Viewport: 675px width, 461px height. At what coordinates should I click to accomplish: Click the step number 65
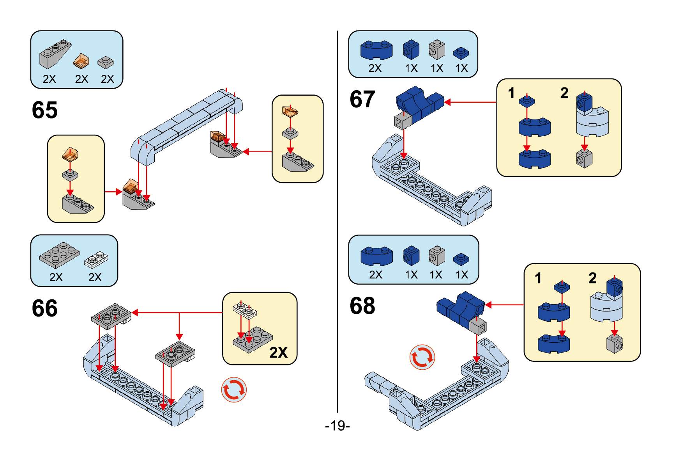tap(45, 110)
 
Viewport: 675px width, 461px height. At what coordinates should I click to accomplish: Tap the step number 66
tap(45, 308)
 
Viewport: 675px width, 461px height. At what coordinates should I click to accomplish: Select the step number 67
tap(362, 99)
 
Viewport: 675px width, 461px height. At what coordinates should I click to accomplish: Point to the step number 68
tap(362, 306)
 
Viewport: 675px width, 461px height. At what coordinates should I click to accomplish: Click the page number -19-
tap(337, 425)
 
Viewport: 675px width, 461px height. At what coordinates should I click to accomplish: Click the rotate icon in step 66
tap(234, 390)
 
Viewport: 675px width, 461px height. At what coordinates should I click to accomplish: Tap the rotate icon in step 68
tap(422, 357)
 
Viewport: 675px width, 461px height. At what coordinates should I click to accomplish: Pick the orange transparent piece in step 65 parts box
tap(81, 61)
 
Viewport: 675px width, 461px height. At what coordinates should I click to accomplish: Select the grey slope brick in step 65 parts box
tap(55, 54)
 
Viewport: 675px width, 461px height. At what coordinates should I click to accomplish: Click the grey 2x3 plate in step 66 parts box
tap(59, 255)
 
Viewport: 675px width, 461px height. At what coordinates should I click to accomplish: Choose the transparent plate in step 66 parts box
tap(96, 260)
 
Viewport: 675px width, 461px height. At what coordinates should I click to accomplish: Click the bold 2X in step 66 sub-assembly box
tap(278, 352)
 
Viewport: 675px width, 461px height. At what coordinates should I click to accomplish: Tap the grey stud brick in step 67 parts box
tap(437, 50)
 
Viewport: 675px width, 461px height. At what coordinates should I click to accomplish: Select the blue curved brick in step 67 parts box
tap(376, 50)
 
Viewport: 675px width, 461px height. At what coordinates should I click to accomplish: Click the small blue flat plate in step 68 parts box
tap(461, 259)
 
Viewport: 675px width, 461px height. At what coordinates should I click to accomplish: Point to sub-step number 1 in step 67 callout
tap(511, 93)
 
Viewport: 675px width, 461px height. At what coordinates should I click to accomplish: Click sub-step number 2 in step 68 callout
tap(592, 278)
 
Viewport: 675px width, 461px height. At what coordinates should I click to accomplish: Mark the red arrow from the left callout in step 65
tap(113, 192)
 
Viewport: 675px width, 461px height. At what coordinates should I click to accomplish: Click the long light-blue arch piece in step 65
tap(187, 121)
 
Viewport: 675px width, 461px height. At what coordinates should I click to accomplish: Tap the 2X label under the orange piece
tap(81, 79)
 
